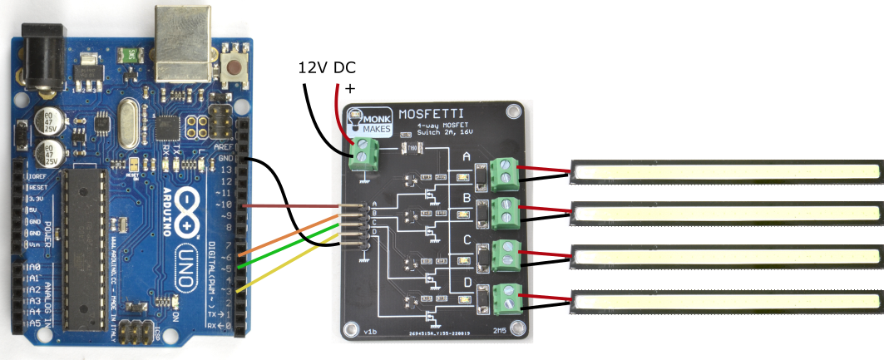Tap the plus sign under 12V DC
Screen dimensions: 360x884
(349, 87)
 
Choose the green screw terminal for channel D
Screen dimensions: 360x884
(503, 298)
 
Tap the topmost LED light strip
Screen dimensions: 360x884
(726, 171)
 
